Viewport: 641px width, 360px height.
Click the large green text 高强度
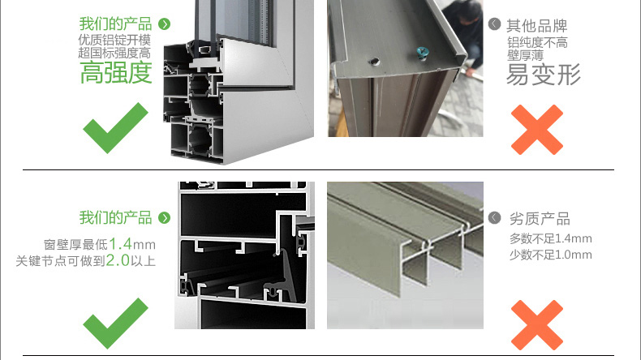pyautogui.click(x=116, y=73)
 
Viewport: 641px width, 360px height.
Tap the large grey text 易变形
pyautogui.click(x=544, y=75)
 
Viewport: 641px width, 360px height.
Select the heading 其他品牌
pyautogui.click(x=537, y=26)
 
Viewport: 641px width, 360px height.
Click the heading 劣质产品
pyautogui.click(x=540, y=219)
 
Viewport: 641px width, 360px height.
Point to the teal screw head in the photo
pyautogui.click(x=421, y=53)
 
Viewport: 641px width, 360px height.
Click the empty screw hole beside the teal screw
pyautogui.click(x=373, y=62)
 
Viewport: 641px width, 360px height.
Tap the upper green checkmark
pyautogui.click(x=115, y=128)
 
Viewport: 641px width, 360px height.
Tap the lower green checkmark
pyautogui.click(x=115, y=324)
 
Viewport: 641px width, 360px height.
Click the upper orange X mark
pyautogui.click(x=537, y=130)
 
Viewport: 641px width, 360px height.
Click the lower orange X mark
pyautogui.click(x=537, y=325)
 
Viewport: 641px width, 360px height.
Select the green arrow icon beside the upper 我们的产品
pyautogui.click(x=165, y=24)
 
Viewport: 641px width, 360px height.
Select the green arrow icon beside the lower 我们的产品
pyautogui.click(x=165, y=218)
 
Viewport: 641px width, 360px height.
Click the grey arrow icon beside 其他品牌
pyautogui.click(x=495, y=24)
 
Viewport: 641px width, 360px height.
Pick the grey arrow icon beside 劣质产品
pyautogui.click(x=495, y=218)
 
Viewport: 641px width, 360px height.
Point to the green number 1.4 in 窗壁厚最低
pyautogui.click(x=121, y=244)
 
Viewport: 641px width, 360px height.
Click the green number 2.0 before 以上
pyautogui.click(x=118, y=260)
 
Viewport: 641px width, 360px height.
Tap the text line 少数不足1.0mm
pyautogui.click(x=551, y=255)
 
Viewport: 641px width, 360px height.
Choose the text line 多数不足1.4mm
pyautogui.click(x=551, y=238)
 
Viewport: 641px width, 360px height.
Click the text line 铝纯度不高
pyautogui.click(x=538, y=42)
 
